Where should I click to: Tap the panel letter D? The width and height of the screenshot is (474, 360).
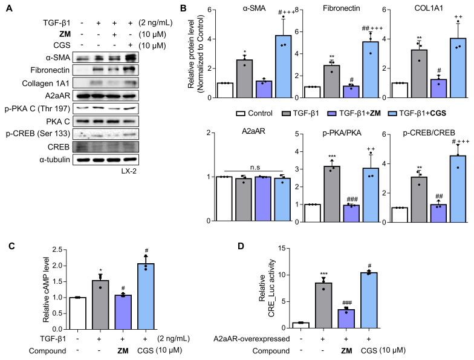click(x=244, y=247)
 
